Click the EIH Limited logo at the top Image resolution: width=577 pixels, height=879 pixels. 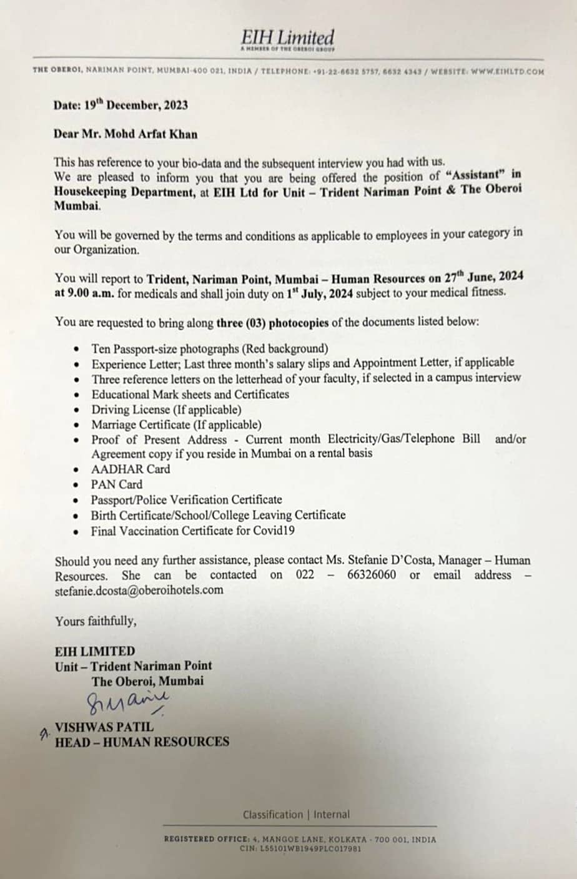(288, 39)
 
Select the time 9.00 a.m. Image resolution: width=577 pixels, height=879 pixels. (91, 293)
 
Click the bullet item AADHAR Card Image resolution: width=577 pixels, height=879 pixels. (131, 469)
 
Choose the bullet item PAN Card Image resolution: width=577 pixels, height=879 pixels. (117, 484)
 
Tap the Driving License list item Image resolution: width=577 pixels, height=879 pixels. (166, 410)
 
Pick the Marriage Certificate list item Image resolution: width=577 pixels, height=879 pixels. (176, 425)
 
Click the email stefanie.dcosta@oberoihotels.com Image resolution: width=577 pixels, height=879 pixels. (139, 590)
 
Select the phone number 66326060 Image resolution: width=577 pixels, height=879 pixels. (371, 575)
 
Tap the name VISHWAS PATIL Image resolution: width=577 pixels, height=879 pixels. (104, 727)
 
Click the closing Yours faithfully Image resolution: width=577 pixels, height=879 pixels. (96, 621)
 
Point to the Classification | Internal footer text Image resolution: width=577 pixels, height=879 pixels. (296, 814)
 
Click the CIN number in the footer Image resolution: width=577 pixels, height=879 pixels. (300, 849)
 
